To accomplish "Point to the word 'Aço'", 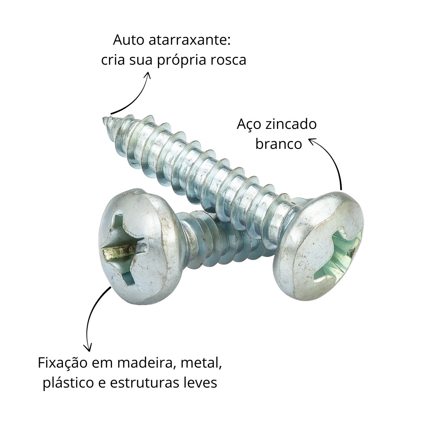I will (x=249, y=125).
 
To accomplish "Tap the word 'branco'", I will (x=278, y=144).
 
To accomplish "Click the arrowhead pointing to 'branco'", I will (x=312, y=141).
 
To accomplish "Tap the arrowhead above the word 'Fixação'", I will (x=88, y=348).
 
